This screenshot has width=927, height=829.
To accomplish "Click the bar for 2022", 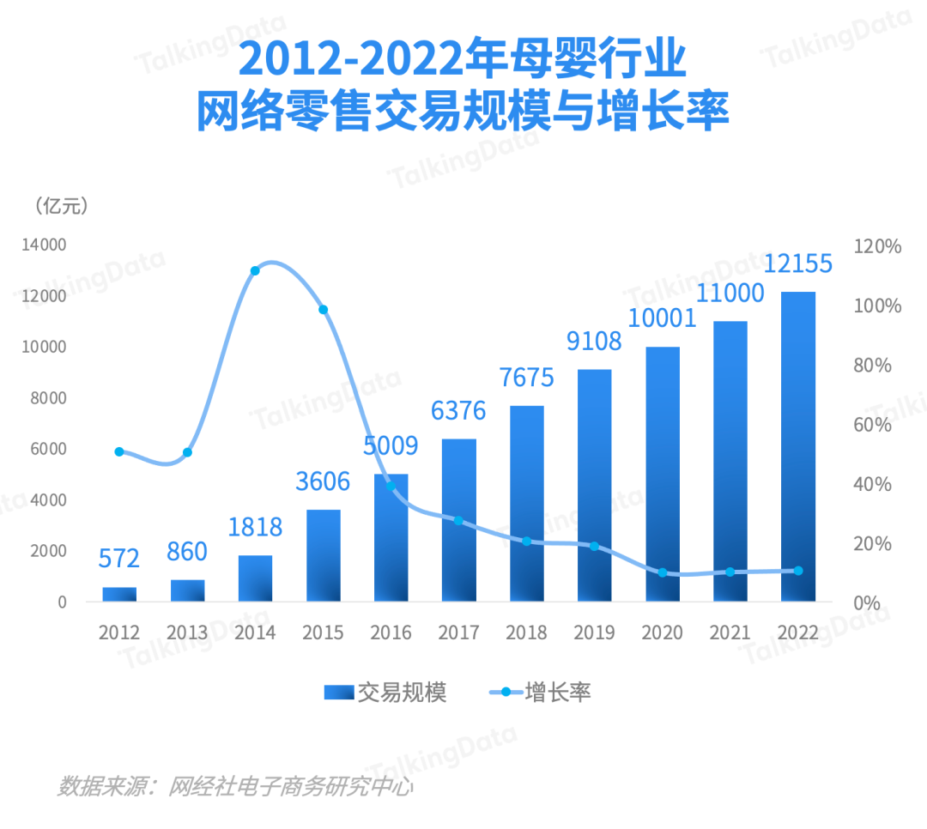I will point(798,446).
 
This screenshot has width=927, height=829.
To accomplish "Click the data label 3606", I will point(323,481).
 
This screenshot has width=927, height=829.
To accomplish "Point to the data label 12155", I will point(797,263).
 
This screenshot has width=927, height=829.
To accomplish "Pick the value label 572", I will point(118,560).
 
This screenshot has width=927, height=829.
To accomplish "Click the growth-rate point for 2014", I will point(255,271).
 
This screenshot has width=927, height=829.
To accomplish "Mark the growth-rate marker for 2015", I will point(324,310).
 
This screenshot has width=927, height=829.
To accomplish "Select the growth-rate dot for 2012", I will point(119,452).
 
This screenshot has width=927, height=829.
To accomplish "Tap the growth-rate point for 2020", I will point(662,572).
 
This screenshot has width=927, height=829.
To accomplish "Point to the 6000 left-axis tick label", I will point(49,449).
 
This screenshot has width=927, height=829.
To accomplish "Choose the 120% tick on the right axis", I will point(878,247).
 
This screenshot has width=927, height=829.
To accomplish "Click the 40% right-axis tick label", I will point(873,485).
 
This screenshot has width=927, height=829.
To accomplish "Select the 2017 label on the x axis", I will point(458,633).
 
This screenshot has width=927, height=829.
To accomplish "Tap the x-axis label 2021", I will point(730,633).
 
